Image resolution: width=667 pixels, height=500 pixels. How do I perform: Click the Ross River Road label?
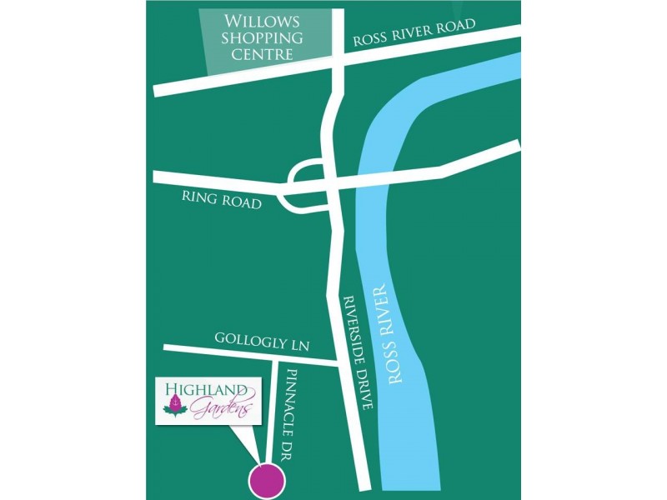(x=414, y=32)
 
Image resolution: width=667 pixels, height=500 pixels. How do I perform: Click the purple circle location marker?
(x=268, y=480)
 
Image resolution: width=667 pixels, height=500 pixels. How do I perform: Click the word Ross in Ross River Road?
(x=370, y=39)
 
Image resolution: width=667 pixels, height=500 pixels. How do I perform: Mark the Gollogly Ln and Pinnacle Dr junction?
(x=274, y=357)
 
